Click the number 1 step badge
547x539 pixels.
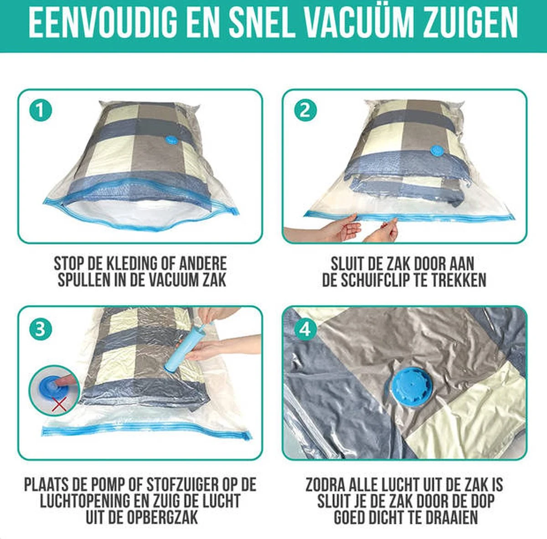[41, 110]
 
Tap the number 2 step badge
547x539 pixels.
[305, 110]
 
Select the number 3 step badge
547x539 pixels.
[41, 329]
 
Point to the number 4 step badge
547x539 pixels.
[305, 329]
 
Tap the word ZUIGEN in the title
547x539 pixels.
[470, 24]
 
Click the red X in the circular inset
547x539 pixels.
[60, 404]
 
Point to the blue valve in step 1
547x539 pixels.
[171, 140]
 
